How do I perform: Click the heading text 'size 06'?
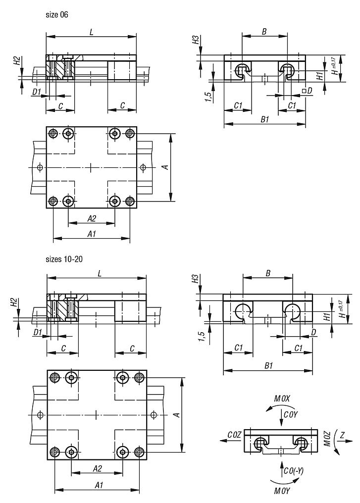[x=57, y=15]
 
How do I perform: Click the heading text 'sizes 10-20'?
[x=64, y=259]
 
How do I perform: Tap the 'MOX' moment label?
[x=282, y=399]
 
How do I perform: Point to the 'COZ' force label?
[x=234, y=435]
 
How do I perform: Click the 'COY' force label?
[x=291, y=415]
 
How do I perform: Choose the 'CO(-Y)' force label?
[x=294, y=471]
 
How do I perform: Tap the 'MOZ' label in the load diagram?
[x=327, y=439]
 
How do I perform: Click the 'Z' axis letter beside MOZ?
[x=342, y=435]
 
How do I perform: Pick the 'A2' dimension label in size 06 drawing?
[x=92, y=219]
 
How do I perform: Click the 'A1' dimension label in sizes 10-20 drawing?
[x=99, y=485]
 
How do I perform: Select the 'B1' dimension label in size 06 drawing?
[x=265, y=120]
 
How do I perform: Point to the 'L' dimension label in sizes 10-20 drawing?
[x=100, y=274]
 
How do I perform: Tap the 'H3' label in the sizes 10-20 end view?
[x=195, y=279]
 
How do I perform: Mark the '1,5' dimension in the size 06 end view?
[x=207, y=97]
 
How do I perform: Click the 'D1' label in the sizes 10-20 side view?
[x=38, y=332]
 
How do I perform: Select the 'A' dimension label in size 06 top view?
[x=166, y=167]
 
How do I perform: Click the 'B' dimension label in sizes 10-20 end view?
[x=268, y=273]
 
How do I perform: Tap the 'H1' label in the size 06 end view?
[x=319, y=76]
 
